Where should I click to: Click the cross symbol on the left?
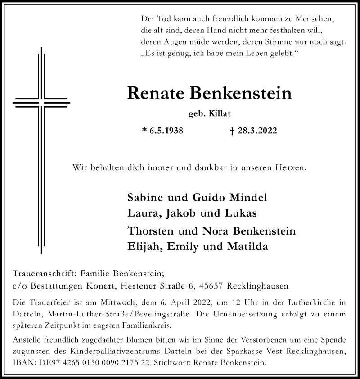(x=41, y=104)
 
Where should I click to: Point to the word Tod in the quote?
(x=162, y=20)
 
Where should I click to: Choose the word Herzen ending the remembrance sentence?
(x=292, y=168)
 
